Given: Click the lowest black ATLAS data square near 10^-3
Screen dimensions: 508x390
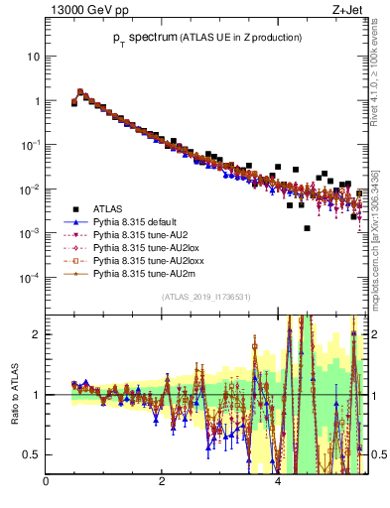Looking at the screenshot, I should click(x=308, y=228).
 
